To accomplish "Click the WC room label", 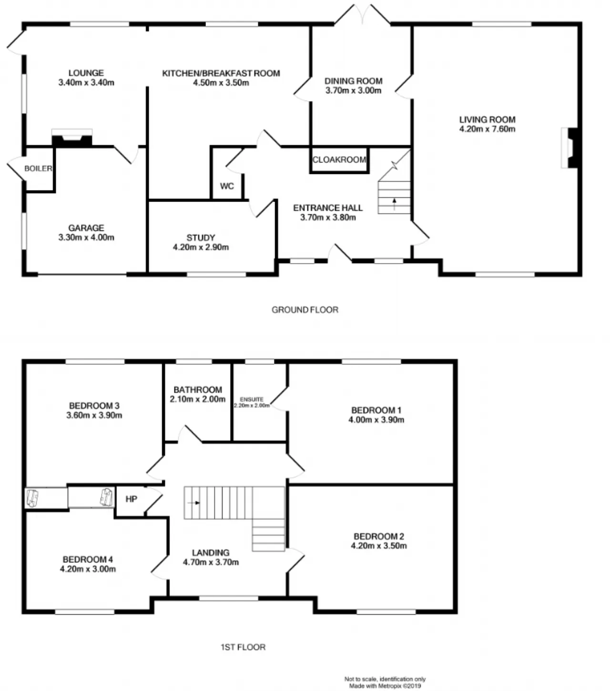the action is (227, 186).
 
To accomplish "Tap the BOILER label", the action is (38, 169).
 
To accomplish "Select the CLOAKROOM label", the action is (339, 160).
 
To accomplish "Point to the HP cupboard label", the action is (132, 499).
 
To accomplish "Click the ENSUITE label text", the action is (252, 399).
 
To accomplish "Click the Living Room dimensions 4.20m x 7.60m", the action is (487, 129).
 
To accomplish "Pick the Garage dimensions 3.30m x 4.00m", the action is (86, 237).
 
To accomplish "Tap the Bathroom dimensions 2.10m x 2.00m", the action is (198, 399).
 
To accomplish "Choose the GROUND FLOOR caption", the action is (305, 310).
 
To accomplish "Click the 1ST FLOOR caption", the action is (243, 647).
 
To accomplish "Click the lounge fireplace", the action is (72, 138).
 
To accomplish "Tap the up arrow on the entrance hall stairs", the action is (395, 204).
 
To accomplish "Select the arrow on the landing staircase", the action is (193, 503).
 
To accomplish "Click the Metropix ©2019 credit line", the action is (385, 686).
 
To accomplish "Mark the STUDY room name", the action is (201, 238).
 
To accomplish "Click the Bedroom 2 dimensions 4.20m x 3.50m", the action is (379, 546).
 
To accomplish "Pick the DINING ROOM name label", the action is (354, 81).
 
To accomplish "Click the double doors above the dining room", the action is (362, 14).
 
